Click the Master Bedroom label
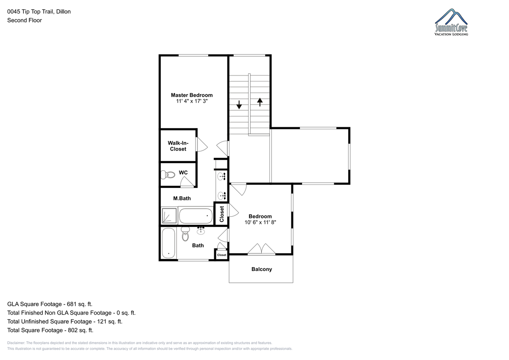click(192, 95)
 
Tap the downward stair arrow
click(239, 105)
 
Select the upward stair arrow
click(260, 102)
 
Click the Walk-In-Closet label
click(178, 146)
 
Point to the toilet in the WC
click(168, 175)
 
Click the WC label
click(183, 173)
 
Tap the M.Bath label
click(182, 198)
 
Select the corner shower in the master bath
click(169, 215)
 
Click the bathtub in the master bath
click(196, 216)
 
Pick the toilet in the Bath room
click(185, 234)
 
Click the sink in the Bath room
click(201, 231)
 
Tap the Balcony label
click(262, 269)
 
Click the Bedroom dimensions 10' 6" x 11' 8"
click(260, 222)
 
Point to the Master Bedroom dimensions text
click(192, 101)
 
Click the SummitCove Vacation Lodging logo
click(451, 22)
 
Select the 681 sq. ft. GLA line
click(50, 304)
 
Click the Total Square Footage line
click(50, 330)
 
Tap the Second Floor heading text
click(25, 20)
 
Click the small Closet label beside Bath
click(221, 255)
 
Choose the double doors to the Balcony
click(262, 249)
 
